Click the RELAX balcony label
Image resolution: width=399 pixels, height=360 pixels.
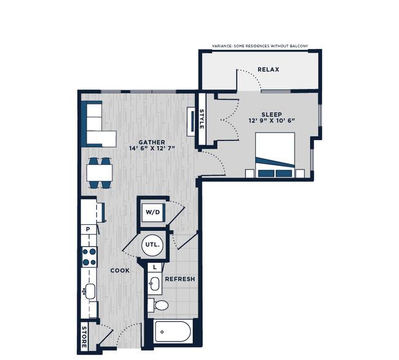click(268, 69)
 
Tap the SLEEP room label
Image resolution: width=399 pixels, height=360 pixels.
click(271, 114)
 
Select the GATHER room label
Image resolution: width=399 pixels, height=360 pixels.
click(152, 143)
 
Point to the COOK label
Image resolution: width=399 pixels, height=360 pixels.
click(120, 270)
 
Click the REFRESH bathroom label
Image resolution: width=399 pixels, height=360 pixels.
click(180, 279)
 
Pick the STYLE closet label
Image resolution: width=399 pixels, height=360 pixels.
click(201, 119)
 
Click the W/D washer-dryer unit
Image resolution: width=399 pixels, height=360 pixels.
click(153, 213)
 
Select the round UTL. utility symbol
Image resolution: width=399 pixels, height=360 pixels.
click(152, 245)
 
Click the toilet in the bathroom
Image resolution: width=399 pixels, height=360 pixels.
click(158, 305)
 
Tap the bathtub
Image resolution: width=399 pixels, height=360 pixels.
click(172, 332)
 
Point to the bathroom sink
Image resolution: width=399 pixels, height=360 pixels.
click(154, 283)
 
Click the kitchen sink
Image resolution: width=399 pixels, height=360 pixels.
click(90, 291)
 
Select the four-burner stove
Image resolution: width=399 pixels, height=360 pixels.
click(90, 257)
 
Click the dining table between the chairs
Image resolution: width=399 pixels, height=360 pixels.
click(99, 173)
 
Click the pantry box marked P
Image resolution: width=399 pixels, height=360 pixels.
click(88, 229)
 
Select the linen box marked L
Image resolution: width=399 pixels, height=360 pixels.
click(155, 267)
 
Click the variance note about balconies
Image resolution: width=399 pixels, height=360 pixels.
click(260, 46)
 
